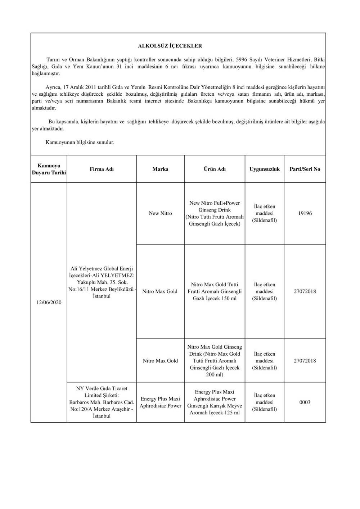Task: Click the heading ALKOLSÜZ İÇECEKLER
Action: click(170, 46)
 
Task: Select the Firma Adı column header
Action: click(102, 169)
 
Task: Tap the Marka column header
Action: click(160, 169)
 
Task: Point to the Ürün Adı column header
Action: click(215, 169)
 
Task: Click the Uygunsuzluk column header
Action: click(265, 169)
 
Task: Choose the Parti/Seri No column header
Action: click(305, 169)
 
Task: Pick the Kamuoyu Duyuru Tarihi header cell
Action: click(49, 169)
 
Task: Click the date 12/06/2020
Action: click(49, 303)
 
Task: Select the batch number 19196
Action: click(305, 213)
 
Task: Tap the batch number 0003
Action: click(305, 403)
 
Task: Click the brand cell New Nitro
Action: click(160, 213)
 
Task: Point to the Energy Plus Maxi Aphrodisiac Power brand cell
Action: click(160, 403)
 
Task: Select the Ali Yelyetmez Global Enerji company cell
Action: click(102, 282)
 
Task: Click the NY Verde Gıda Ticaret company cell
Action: click(102, 402)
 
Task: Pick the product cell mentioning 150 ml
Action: click(215, 291)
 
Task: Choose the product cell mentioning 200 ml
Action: click(215, 361)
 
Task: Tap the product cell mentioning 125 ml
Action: click(215, 403)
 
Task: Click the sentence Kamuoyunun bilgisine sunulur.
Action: click(80, 142)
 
